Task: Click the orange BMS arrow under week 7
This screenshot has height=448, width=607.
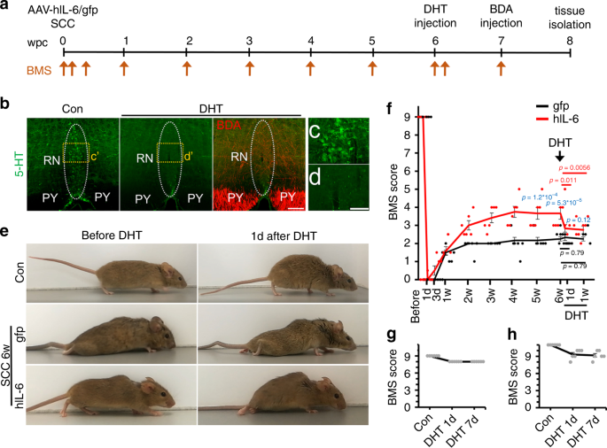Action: pos(502,66)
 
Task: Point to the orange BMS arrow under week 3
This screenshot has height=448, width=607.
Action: pos(249,66)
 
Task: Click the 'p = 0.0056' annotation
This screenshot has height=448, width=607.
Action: pos(572,167)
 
